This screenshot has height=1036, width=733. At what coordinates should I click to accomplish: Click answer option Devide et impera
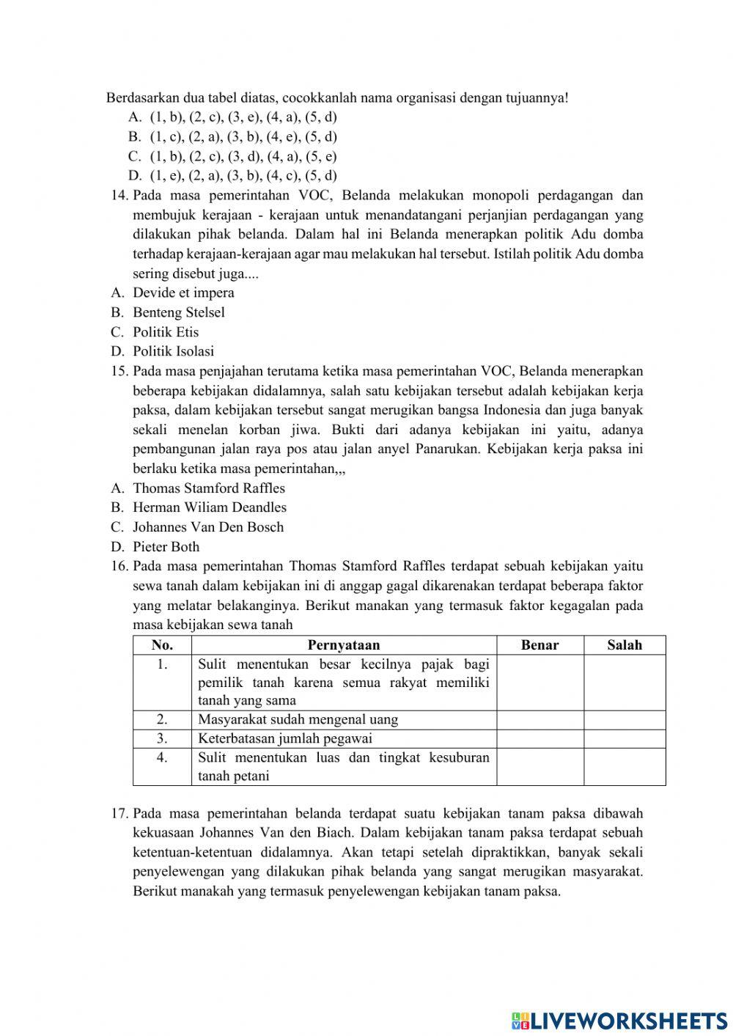pos(183,293)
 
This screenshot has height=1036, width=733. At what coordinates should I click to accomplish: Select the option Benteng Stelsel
pos(178,312)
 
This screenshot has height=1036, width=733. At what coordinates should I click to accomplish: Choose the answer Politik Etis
pos(166,331)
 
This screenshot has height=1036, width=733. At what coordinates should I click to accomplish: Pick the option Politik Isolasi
pos(173,351)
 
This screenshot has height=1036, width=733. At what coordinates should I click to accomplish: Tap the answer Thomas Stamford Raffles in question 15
pos(208,488)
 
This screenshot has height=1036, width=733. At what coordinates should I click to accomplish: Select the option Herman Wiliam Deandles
pos(209,507)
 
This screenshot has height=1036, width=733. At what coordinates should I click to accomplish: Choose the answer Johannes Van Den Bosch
pos(207,526)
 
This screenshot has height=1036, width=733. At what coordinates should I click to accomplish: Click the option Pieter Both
pos(166,546)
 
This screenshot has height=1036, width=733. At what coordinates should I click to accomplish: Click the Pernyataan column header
pos(344,645)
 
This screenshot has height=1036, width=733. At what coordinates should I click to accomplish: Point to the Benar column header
pos(539,645)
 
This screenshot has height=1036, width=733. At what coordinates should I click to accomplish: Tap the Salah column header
pos(625,645)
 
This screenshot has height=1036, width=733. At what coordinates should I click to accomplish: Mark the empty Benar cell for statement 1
pos(539,683)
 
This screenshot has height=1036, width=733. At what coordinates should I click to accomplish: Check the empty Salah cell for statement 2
pos(625,720)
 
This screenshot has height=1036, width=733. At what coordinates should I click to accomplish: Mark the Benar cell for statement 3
pos(539,739)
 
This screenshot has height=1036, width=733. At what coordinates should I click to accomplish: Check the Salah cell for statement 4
pos(625,767)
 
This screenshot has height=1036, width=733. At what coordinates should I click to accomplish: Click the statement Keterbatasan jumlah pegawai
pos(285,739)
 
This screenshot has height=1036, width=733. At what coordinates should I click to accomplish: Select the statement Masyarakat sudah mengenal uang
pos(298,720)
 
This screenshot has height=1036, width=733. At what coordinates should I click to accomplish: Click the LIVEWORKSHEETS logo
pos(619,1020)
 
